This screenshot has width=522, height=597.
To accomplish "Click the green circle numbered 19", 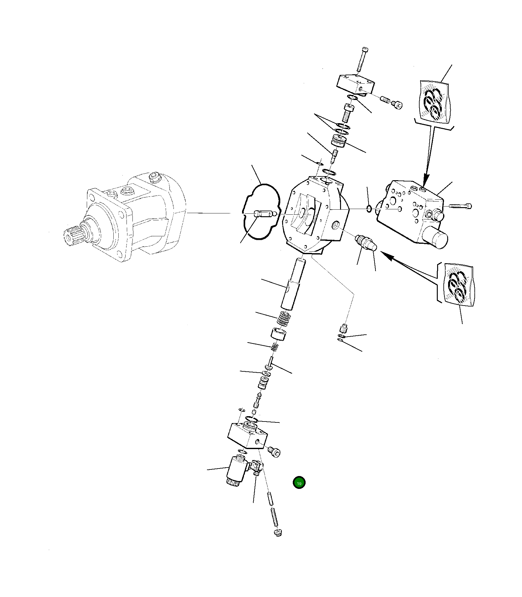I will coord(299,483).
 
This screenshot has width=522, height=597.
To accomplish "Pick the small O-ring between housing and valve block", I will coord(369,209).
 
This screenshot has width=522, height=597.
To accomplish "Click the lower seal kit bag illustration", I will coord(458,284).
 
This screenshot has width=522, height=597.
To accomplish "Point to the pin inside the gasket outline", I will coord(265,214).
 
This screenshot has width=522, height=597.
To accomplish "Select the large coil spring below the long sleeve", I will coord(284,319).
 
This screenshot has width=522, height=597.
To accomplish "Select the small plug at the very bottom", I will coord(278,533).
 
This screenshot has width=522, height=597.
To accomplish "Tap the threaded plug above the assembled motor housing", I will coord(154,177).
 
